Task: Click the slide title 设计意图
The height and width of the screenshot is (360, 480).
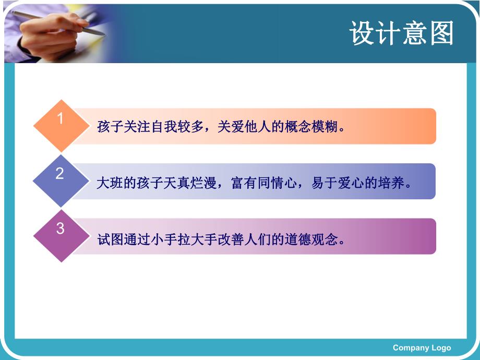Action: (402, 34)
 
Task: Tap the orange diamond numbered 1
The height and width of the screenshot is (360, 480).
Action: (61, 125)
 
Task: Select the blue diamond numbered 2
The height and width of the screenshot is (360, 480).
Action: (61, 181)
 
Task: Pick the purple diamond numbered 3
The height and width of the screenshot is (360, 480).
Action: (61, 235)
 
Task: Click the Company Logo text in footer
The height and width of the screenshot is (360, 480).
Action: (422, 347)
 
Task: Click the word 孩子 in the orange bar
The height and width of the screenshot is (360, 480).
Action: (110, 127)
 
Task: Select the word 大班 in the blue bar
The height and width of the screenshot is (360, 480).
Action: (110, 184)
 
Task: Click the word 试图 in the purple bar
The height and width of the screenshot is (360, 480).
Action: (110, 240)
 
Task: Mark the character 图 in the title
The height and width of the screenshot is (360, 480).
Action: (441, 34)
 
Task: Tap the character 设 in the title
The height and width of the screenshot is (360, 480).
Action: (363, 34)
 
